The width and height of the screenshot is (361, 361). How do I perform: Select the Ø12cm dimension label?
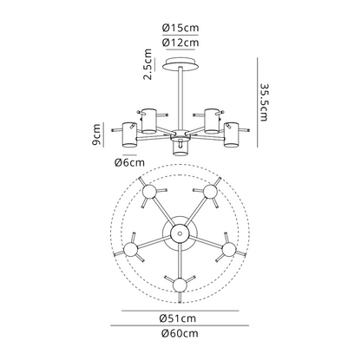click(180, 42)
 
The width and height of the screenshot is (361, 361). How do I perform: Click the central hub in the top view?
click(180, 232)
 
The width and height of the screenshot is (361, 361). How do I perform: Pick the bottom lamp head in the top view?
click(180, 284)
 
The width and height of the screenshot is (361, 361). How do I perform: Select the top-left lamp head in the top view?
click(149, 191)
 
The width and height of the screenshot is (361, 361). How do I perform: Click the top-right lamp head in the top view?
click(211, 191)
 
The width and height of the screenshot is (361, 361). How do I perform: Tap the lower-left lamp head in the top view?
click(131, 250)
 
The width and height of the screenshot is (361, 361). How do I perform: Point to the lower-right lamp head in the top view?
click(230, 250)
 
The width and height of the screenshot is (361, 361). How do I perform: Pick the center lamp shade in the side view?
click(180, 145)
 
